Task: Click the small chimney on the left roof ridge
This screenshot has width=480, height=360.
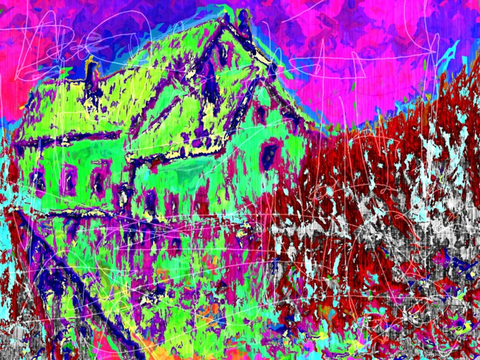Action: [x=90, y=69]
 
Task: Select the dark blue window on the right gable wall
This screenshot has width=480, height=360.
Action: [x=269, y=155]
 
